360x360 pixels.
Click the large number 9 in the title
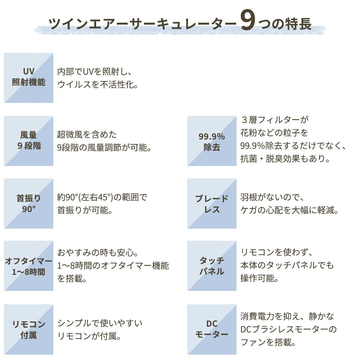click(x=248, y=20)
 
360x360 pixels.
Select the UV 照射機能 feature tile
click(x=29, y=78)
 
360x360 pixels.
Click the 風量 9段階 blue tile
click(x=29, y=141)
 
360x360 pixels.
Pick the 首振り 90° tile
click(x=29, y=203)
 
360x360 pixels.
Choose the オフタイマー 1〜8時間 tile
click(x=29, y=266)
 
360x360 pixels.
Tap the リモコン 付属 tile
click(x=29, y=329)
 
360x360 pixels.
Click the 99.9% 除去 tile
click(x=212, y=141)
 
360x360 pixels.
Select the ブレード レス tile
click(x=212, y=203)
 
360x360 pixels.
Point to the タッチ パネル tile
click(x=212, y=266)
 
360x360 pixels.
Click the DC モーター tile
click(x=212, y=329)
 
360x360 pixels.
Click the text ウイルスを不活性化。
click(x=98, y=85)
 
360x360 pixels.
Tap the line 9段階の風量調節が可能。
click(x=104, y=148)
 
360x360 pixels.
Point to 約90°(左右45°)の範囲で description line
click(x=102, y=197)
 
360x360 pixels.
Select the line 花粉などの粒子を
click(x=274, y=133)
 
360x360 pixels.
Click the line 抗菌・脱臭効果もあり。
click(x=285, y=158)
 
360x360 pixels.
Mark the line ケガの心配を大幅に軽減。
click(x=289, y=210)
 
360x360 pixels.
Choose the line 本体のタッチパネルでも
click(x=287, y=265)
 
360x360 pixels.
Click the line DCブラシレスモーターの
click(x=288, y=329)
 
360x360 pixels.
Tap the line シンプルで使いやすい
click(x=100, y=323)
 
